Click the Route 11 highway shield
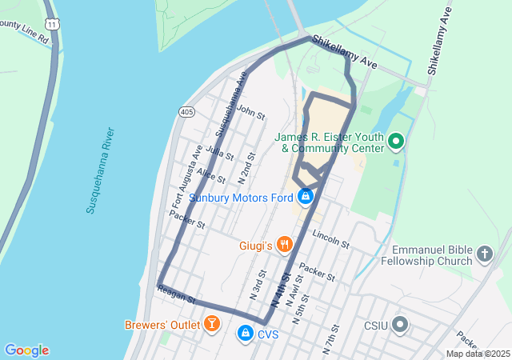point(53,25)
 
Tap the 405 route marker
point(186,111)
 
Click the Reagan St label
point(178,296)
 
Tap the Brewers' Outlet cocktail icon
point(212,324)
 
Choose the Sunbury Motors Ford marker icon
point(305,196)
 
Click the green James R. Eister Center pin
point(395,142)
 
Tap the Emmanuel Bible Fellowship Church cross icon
point(483,255)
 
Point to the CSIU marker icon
point(400,326)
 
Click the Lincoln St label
point(331,239)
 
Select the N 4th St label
point(280,290)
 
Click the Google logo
point(26,350)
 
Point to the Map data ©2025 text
point(478,354)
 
